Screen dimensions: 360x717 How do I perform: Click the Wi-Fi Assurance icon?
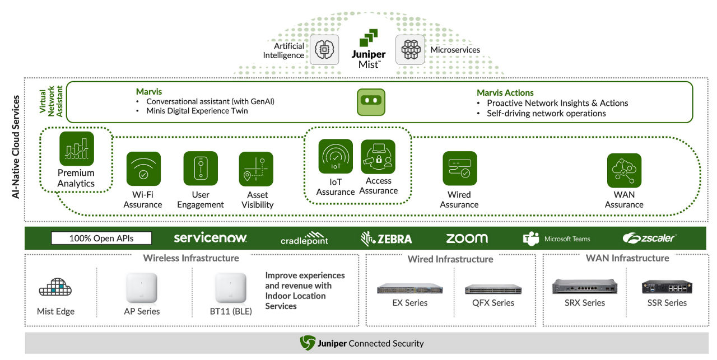[x=143, y=169]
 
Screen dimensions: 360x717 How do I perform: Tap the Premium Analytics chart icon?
[x=77, y=148]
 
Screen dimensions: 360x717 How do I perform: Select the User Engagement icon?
[x=201, y=169]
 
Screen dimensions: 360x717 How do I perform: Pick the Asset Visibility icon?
[x=256, y=169]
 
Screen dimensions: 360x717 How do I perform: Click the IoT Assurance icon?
[x=336, y=156]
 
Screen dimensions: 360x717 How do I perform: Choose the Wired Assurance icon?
[x=460, y=169]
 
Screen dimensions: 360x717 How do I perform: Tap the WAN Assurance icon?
[x=624, y=170]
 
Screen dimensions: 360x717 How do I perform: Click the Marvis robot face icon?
[x=371, y=102]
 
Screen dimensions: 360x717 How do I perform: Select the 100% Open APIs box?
[x=101, y=239]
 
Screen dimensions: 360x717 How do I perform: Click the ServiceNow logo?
[x=210, y=238]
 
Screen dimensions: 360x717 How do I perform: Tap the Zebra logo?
[x=387, y=239]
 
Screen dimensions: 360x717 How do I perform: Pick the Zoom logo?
[x=467, y=239]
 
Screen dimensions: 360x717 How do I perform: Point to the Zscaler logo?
[x=649, y=239]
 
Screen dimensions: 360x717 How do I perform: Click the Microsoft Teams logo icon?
[x=530, y=239]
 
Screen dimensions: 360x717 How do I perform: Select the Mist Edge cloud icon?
[x=55, y=288]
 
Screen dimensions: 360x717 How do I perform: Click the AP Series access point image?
[x=142, y=287]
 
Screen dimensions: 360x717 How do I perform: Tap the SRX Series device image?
[x=584, y=287]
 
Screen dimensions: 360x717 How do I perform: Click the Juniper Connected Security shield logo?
[x=308, y=343]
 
